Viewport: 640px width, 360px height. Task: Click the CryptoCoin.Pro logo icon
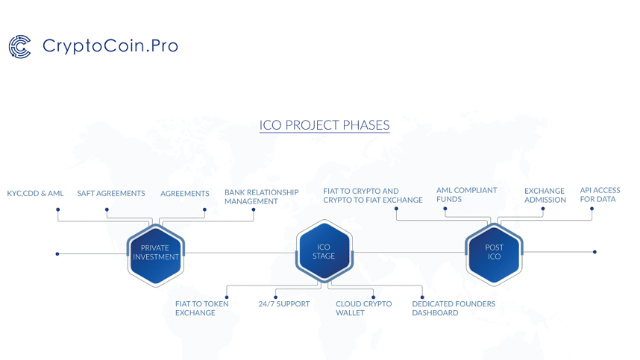(x=19, y=46)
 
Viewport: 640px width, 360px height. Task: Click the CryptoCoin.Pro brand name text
(x=110, y=45)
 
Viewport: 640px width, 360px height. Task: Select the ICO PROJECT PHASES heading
(x=324, y=124)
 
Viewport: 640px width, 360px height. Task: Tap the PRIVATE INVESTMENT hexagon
(x=155, y=253)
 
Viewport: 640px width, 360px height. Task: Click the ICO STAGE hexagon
(x=324, y=251)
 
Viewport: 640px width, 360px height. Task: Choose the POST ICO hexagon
(x=494, y=252)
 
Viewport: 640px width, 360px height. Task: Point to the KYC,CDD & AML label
(x=35, y=194)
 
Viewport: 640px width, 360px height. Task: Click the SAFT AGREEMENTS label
(x=111, y=194)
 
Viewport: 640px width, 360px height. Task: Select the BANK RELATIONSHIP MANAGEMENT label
(x=261, y=197)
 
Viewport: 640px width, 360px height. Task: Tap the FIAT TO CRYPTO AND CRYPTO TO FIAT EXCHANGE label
(x=372, y=195)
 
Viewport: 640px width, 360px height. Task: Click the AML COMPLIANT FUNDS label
(x=466, y=195)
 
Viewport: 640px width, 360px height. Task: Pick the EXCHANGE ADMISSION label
(x=545, y=195)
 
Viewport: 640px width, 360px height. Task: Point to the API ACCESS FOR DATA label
(x=600, y=195)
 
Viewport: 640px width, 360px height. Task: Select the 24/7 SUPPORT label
(x=283, y=304)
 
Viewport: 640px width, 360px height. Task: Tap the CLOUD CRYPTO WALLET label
(x=363, y=309)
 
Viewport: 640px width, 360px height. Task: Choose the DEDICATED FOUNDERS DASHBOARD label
(x=453, y=309)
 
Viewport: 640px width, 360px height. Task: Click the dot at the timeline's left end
(x=57, y=254)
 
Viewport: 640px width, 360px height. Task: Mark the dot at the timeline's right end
(x=594, y=252)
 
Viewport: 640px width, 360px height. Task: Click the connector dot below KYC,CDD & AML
(x=58, y=209)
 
